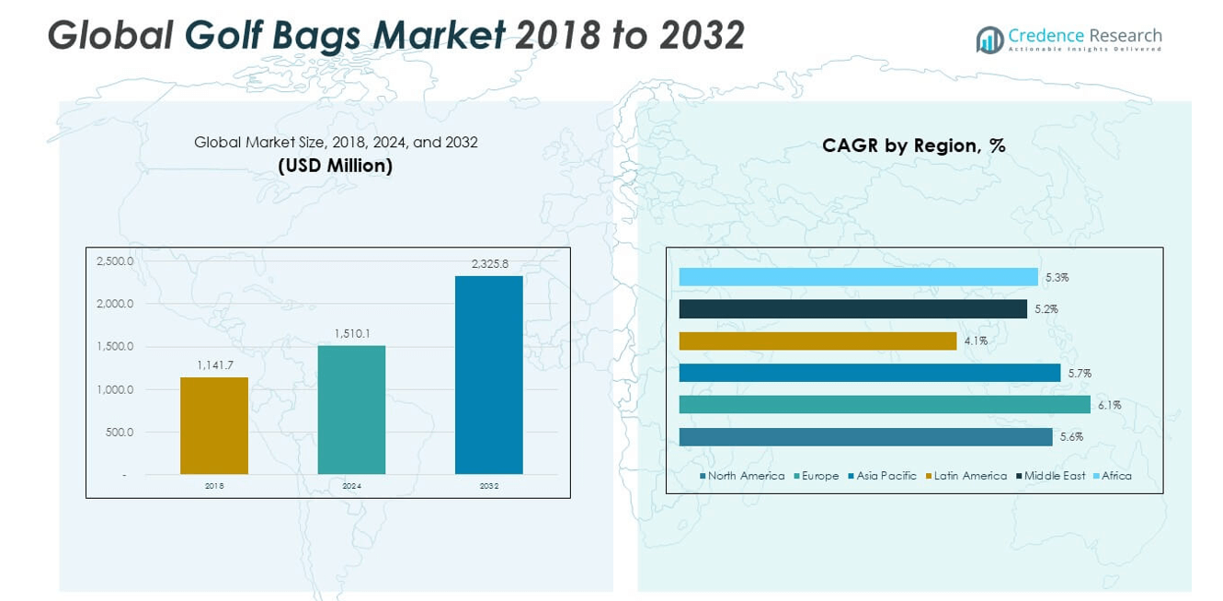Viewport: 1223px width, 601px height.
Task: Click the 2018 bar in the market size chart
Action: pyautogui.click(x=214, y=425)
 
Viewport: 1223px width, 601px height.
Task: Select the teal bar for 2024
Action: pyautogui.click(x=351, y=410)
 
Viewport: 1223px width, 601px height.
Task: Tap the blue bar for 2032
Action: pyautogui.click(x=488, y=375)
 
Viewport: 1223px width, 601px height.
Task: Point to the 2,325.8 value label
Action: pyautogui.click(x=488, y=264)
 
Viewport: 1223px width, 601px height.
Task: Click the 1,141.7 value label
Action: pyautogui.click(x=214, y=365)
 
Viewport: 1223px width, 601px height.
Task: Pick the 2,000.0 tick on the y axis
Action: pyautogui.click(x=115, y=304)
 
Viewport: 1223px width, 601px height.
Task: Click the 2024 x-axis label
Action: pyautogui.click(x=351, y=486)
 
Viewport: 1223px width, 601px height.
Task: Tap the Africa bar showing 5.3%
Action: pyautogui.click(x=858, y=277)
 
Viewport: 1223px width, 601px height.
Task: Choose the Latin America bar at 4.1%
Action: pyautogui.click(x=817, y=341)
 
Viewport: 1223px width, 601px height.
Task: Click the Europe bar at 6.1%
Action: pyautogui.click(x=885, y=405)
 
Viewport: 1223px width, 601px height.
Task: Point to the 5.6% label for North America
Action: pyautogui.click(x=1070, y=437)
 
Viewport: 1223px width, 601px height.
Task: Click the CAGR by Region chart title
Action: pyautogui.click(x=913, y=145)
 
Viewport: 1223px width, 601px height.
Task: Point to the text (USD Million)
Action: pyautogui.click(x=336, y=166)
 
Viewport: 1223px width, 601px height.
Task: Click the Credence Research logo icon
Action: pyautogui.click(x=989, y=40)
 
